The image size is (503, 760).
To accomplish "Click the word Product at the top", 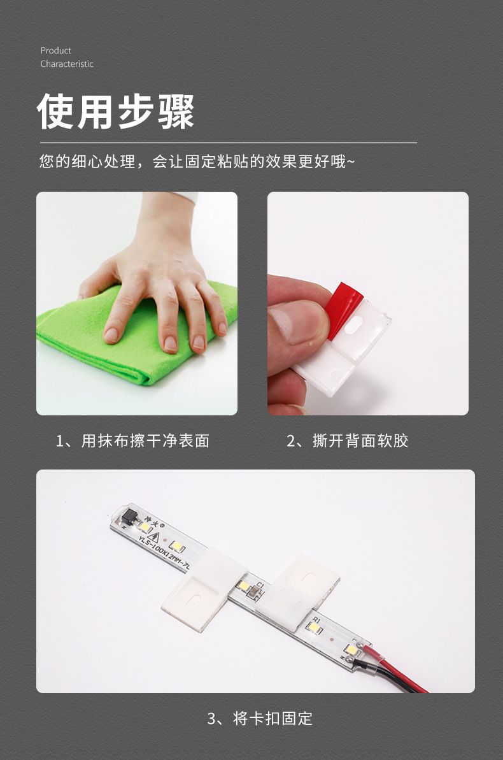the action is click(x=56, y=50).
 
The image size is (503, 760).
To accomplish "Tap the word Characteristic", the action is click(x=67, y=64).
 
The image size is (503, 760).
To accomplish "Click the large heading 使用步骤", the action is click(x=116, y=111).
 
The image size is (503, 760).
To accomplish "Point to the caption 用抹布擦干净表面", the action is click(x=145, y=441).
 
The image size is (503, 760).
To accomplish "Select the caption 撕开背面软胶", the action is click(x=360, y=441).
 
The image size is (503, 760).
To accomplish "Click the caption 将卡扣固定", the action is click(x=273, y=719).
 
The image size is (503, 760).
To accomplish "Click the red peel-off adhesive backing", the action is click(x=343, y=309).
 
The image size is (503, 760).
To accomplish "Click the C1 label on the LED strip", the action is click(x=260, y=585).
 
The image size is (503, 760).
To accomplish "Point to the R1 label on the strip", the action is click(x=316, y=620).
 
